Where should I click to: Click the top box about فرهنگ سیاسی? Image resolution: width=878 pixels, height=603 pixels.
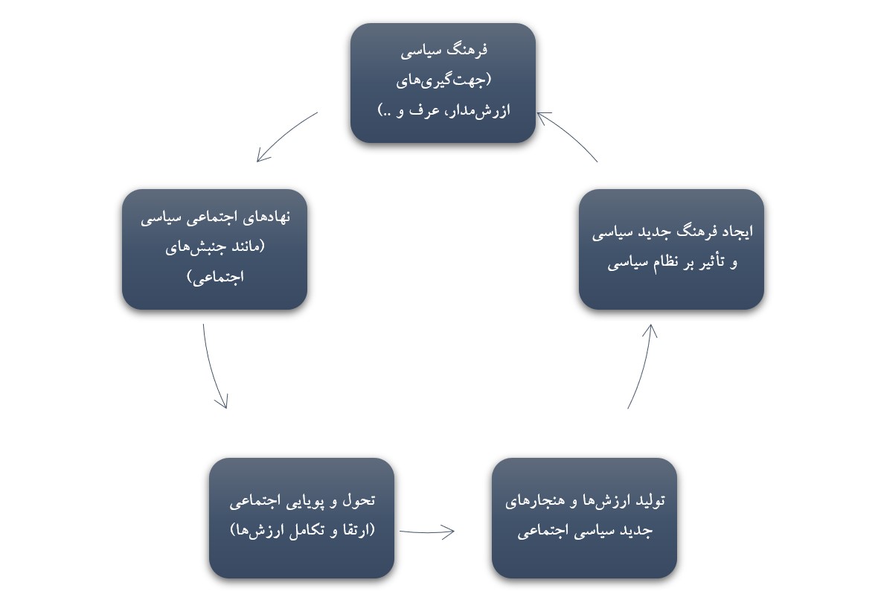click(x=443, y=83)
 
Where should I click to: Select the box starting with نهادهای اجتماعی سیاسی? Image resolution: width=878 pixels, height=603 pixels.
click(x=214, y=249)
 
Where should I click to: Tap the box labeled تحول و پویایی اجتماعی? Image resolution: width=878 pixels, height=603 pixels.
click(x=302, y=518)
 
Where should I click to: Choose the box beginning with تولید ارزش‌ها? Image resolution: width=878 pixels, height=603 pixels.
click(x=585, y=518)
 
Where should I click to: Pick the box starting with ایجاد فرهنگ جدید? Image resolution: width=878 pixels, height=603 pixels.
click(x=671, y=249)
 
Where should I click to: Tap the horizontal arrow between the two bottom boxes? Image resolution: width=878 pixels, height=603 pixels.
click(x=426, y=532)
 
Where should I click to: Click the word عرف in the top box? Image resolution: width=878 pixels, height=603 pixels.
click(x=428, y=110)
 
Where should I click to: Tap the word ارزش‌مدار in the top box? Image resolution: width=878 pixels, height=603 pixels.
click(x=477, y=110)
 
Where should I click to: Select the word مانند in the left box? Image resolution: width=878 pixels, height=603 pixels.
click(x=246, y=246)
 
